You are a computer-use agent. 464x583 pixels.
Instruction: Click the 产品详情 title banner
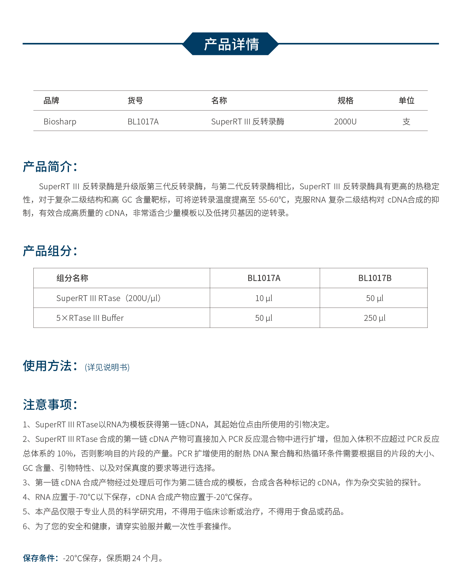coord(231,44)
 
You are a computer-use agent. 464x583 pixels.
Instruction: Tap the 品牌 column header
coord(51,101)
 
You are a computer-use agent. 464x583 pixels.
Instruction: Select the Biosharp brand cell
coord(60,122)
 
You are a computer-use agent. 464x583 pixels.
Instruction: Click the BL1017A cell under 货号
coord(143,122)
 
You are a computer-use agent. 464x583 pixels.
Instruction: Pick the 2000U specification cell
coord(345,122)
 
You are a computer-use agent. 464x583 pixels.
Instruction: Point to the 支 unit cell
coord(406,122)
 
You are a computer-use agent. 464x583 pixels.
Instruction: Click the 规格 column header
coord(345,101)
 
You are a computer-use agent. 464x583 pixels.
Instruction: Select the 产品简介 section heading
coord(50,167)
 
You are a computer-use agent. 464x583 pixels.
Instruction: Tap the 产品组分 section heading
coord(50,251)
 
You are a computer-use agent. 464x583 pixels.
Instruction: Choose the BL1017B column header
coord(375,278)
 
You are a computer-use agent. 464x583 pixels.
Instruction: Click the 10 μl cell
coord(264,298)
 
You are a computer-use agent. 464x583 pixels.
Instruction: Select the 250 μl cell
coord(375,318)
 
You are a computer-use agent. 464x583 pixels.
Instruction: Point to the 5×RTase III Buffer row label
coord(90,318)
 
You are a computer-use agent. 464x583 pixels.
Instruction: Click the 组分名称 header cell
coord(72,278)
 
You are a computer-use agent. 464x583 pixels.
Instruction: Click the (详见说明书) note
coord(107,367)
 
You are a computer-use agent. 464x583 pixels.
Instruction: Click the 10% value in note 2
coord(65,454)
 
